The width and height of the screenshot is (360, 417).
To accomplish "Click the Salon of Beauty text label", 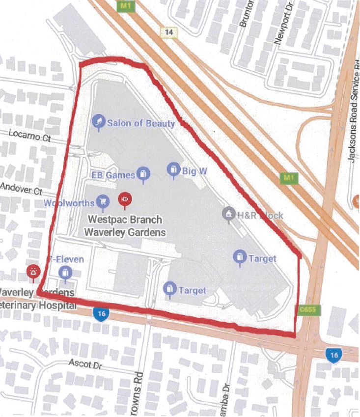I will [141, 123].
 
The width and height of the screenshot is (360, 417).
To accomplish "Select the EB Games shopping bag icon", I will [143, 174].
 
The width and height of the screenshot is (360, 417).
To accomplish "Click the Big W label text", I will [194, 171].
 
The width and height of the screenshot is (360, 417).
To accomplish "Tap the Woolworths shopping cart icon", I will [103, 201].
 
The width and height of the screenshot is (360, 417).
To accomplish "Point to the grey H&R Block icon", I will [228, 214].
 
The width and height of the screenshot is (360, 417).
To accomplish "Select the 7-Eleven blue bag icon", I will [65, 272].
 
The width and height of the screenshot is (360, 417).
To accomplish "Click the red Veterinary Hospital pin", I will [33, 272].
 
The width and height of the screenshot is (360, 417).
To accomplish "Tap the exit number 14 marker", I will [169, 32].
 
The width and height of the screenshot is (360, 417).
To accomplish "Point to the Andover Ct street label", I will [22, 188].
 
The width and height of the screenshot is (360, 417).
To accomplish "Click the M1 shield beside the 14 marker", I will [123, 5].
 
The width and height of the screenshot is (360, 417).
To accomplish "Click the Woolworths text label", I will [68, 203].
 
